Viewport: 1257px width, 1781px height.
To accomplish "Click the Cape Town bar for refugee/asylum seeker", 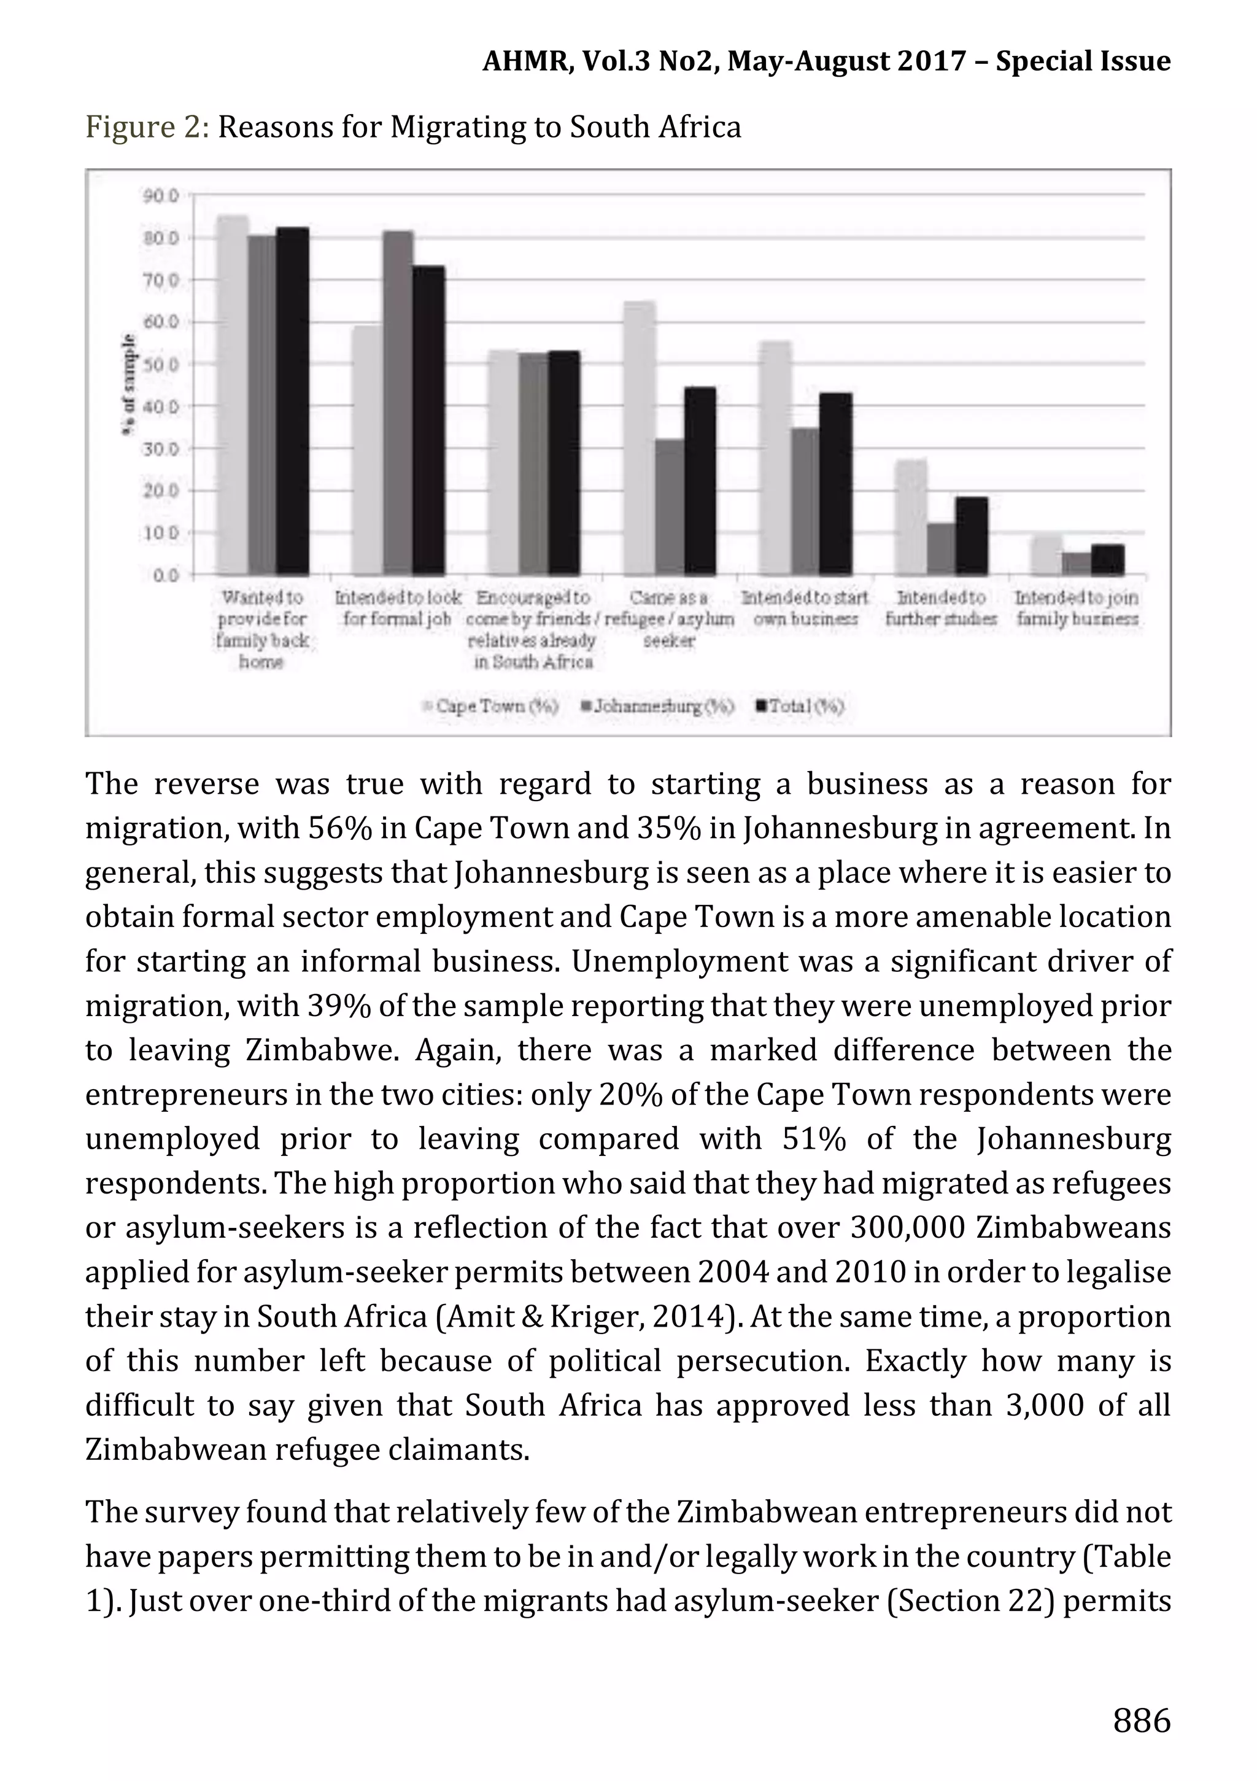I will [639, 438].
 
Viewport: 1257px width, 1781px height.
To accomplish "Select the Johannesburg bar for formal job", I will [398, 403].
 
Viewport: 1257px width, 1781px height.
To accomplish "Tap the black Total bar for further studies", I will [972, 536].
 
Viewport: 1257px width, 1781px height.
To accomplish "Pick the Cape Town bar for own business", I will [775, 457].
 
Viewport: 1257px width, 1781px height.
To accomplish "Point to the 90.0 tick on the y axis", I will [161, 195].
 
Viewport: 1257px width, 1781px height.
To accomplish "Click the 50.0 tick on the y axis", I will [161, 364].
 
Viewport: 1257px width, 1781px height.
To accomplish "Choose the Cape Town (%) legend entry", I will [490, 706].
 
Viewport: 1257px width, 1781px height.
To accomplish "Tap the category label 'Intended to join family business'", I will [1077, 608].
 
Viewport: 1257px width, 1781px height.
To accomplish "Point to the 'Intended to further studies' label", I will [941, 608].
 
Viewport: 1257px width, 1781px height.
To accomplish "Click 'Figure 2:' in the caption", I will [147, 126].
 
